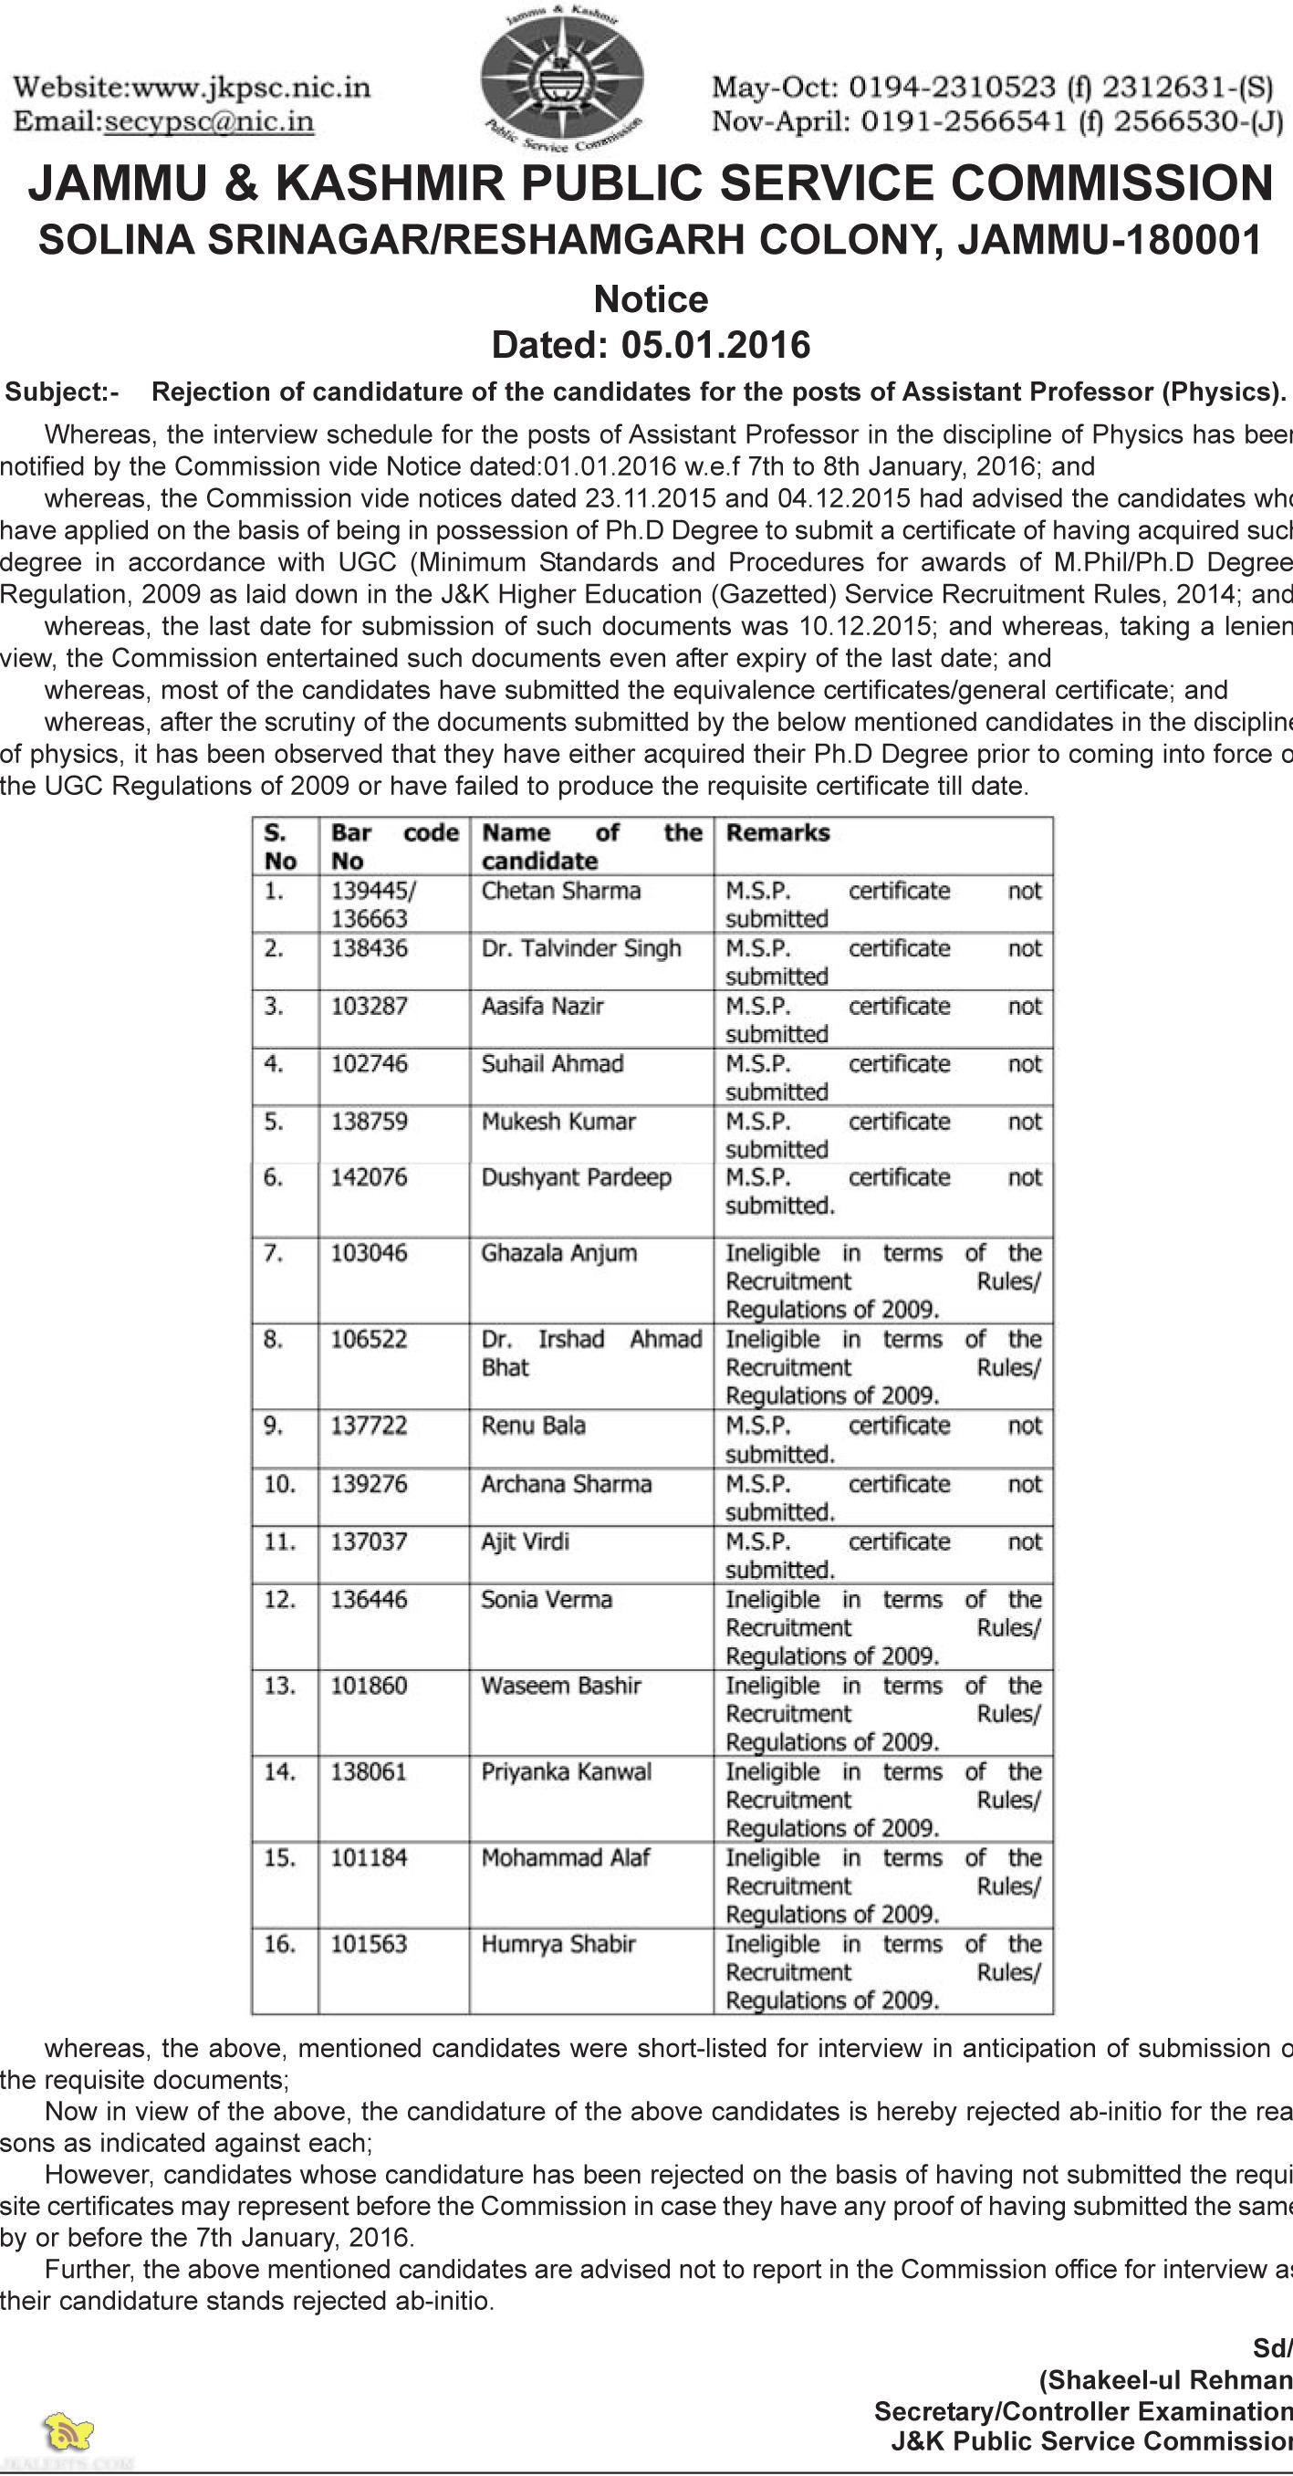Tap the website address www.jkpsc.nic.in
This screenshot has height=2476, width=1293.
tap(251, 88)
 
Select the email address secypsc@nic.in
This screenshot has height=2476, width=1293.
tap(209, 121)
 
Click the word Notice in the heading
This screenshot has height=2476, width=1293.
tap(651, 300)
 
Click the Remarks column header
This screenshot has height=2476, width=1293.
tap(777, 832)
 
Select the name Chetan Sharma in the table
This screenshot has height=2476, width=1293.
tap(560, 891)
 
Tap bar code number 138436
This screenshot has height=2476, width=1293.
tap(370, 948)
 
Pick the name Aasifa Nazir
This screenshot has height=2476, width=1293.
tap(542, 1007)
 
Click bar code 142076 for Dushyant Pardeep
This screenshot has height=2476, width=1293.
tap(370, 1177)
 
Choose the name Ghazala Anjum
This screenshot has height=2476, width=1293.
tap(558, 1253)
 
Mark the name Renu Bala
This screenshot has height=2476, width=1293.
tap(533, 1426)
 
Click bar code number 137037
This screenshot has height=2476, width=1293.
tap(370, 1541)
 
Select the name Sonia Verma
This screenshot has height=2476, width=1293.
tap(546, 1599)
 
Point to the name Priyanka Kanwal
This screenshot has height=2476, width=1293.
tap(567, 1771)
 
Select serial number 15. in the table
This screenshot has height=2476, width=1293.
tap(279, 1858)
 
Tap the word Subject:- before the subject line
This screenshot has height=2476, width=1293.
tap(62, 392)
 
